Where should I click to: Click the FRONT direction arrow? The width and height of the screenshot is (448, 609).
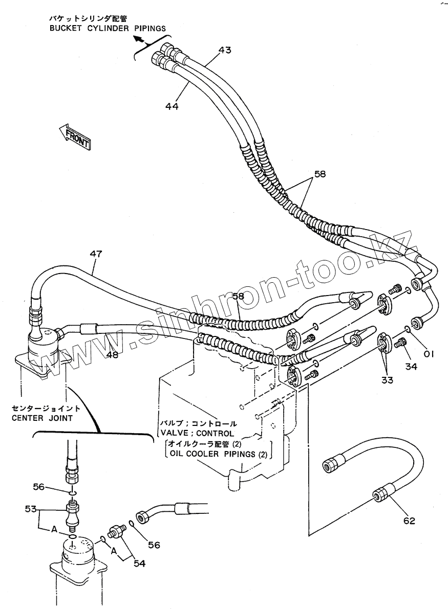click(x=75, y=137)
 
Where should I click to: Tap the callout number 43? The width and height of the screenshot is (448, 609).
click(x=224, y=50)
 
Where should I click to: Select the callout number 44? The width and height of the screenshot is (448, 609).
click(x=172, y=106)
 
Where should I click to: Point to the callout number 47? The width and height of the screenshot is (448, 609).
click(x=96, y=254)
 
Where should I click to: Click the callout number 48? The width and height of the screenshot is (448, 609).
click(x=112, y=354)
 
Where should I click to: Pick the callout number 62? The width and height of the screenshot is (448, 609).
click(x=409, y=521)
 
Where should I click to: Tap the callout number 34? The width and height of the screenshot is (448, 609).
click(x=411, y=366)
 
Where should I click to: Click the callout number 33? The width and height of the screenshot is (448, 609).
click(x=387, y=380)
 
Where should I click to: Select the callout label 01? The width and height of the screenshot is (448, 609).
click(x=429, y=354)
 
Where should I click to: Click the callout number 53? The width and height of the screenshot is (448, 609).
click(x=31, y=509)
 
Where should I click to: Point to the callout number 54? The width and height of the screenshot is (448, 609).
click(x=139, y=563)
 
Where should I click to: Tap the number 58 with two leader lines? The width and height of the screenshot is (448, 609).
click(x=319, y=174)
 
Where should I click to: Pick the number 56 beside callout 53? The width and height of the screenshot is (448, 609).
click(x=39, y=487)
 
